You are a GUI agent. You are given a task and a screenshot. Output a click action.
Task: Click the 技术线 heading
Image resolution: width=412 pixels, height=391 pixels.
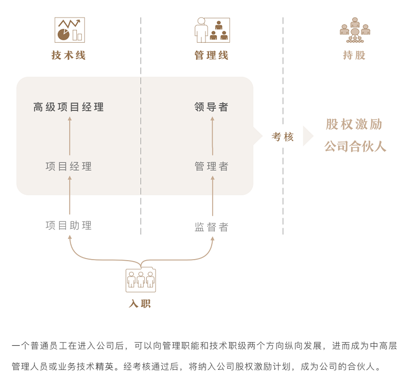tap(68, 56)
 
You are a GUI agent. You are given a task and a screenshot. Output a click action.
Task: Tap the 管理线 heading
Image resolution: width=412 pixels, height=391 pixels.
tap(212, 56)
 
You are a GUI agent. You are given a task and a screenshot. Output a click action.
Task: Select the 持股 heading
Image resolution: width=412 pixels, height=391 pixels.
tap(354, 56)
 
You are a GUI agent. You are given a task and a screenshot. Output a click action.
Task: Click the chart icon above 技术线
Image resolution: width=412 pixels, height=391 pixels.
tap(70, 30)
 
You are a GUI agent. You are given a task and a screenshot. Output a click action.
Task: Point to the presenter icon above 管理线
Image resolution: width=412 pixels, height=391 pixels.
tap(212, 30)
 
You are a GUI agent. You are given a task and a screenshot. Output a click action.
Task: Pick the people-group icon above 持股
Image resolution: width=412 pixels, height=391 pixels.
tap(355, 30)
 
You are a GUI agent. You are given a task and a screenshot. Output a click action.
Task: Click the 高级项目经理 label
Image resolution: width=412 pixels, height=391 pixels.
tap(69, 107)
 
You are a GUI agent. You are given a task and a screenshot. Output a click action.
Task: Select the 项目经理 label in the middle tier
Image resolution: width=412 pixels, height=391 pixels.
tap(69, 166)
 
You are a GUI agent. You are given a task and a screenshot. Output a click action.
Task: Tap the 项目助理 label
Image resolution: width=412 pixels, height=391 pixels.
tap(69, 226)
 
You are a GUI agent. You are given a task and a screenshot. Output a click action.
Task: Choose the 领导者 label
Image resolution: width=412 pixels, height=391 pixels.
tap(212, 107)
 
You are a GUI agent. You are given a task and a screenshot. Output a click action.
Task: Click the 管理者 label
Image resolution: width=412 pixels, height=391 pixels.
tap(212, 166)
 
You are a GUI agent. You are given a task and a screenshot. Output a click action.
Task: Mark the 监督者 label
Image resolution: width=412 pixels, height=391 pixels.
tap(212, 227)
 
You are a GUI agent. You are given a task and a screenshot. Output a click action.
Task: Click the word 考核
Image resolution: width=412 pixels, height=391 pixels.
tap(283, 137)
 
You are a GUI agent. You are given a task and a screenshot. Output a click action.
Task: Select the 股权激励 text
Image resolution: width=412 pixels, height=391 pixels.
tap(354, 125)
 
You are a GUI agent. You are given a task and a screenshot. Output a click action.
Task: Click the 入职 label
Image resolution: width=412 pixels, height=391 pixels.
tap(140, 304)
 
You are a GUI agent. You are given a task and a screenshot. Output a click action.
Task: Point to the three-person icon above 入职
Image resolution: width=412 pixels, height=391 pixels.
tap(141, 280)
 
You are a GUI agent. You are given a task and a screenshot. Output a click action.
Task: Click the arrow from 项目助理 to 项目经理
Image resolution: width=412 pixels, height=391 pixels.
tap(70, 196)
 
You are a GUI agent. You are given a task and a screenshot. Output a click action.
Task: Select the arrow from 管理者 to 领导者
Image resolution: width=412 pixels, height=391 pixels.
tap(212, 136)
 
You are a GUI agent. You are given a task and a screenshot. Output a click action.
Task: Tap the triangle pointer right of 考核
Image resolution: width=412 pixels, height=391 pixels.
tap(307, 136)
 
